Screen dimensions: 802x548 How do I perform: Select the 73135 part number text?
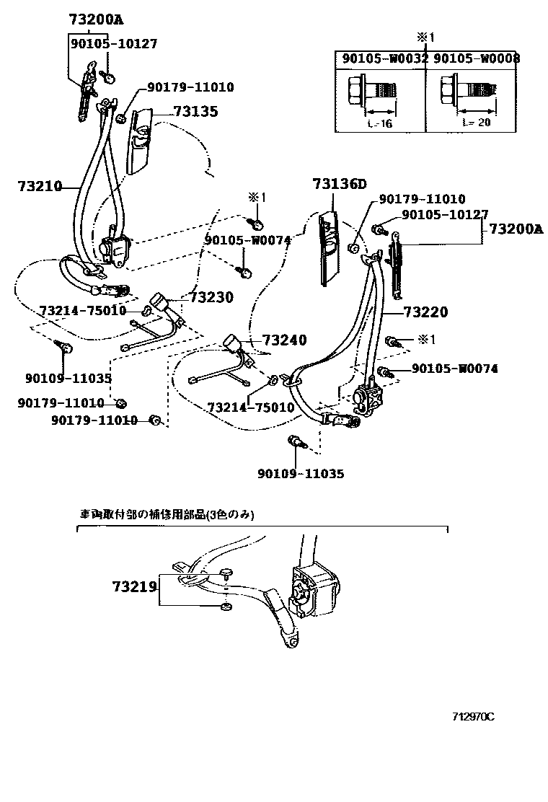point(195,112)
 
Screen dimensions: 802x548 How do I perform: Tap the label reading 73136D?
point(340,184)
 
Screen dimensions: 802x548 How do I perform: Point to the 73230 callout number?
point(212,296)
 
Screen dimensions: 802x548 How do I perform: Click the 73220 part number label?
point(425,312)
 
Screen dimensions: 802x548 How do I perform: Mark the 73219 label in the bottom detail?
point(134,587)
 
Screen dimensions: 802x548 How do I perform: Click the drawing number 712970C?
point(473,717)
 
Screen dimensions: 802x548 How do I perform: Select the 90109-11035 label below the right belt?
point(301,474)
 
